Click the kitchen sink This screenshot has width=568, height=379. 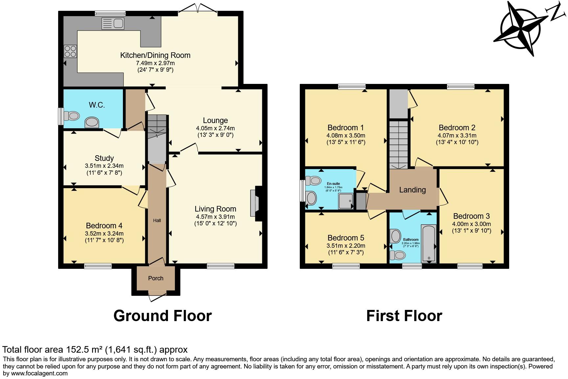coord(113,23)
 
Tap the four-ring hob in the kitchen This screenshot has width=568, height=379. coord(70,51)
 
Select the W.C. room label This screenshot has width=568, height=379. coord(97,105)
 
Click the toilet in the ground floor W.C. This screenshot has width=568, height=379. coord(72,116)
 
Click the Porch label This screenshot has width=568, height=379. coord(155,278)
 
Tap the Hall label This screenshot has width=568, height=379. coord(157,220)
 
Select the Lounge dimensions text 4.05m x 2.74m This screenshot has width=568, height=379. coord(215,128)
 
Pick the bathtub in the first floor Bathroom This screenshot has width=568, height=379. coord(429,243)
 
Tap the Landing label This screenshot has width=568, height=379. coord(412,190)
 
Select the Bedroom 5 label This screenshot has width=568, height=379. coord(345,238)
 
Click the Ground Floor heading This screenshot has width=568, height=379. coord(162,316)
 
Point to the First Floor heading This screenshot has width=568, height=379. coord(404,316)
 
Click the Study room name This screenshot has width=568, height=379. coord(104,158)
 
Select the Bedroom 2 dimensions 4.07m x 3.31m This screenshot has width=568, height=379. coord(457,136)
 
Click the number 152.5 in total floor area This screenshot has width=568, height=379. coord(78,350)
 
